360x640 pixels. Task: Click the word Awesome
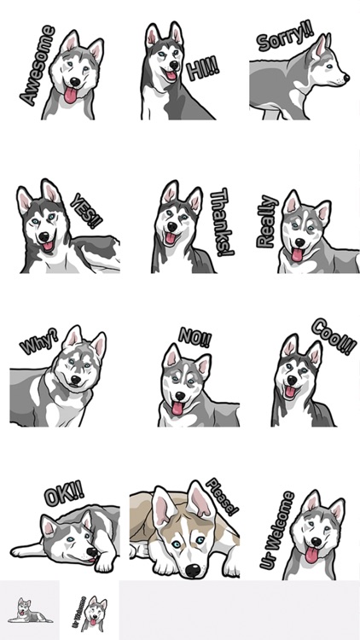[38, 66]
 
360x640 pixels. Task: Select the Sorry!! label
[285, 36]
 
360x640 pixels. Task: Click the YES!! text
[86, 211]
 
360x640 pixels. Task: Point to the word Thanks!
[222, 222]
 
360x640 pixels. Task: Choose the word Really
[267, 222]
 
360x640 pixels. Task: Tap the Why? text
[39, 340]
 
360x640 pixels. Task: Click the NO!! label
[195, 337]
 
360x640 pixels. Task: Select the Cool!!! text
[334, 337]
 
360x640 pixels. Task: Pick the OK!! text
[64, 494]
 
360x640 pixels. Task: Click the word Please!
[222, 497]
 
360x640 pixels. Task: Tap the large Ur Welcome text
[277, 531]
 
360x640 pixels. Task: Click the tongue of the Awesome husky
[70, 95]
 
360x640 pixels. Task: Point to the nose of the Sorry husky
[346, 77]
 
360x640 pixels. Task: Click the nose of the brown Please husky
[192, 570]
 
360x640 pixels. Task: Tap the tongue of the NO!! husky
[177, 408]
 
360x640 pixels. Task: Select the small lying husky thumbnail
[29, 610]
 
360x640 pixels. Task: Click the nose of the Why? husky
[76, 381]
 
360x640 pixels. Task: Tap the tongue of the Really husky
[297, 254]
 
